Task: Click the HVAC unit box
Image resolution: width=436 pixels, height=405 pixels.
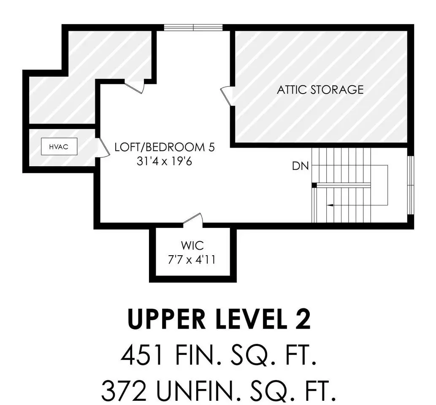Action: click(x=59, y=146)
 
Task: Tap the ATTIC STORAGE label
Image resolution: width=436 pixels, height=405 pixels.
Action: click(x=320, y=89)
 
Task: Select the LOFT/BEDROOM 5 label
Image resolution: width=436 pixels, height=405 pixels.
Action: click(x=165, y=147)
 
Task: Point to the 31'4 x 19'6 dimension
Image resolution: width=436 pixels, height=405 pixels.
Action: click(x=164, y=161)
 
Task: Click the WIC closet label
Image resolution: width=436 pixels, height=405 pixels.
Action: click(x=192, y=246)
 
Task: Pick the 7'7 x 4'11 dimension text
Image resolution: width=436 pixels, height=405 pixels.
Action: click(x=192, y=260)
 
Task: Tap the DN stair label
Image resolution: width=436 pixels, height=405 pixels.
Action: click(x=301, y=166)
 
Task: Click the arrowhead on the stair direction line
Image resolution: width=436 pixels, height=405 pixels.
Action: click(x=330, y=205)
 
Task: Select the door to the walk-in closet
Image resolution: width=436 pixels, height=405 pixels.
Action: click(x=193, y=218)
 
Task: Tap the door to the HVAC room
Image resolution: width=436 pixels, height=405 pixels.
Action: click(x=103, y=148)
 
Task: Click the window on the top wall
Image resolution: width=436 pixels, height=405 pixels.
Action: click(x=193, y=27)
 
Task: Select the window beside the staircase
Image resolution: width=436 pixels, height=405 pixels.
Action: click(x=411, y=185)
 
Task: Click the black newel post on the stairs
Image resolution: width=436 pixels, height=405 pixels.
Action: click(x=314, y=185)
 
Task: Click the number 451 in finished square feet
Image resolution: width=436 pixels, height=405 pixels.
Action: click(x=142, y=355)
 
